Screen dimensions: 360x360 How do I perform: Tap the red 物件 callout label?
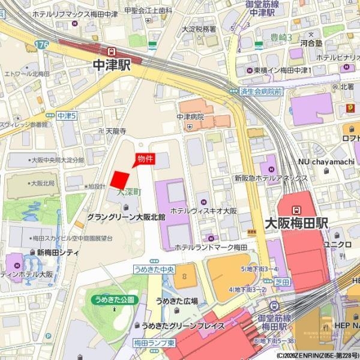point(145,158)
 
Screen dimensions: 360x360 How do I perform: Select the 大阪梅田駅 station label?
point(296,223)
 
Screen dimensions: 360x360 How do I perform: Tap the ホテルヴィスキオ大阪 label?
point(204,211)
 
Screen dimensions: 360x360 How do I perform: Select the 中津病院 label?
point(190,117)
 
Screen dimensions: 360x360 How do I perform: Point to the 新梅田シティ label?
point(58,253)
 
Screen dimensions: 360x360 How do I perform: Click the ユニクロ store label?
point(337,244)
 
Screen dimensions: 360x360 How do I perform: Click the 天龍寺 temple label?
point(116,131)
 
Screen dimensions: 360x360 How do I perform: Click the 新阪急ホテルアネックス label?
point(271,178)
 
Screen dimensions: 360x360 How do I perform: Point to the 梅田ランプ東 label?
point(154,343)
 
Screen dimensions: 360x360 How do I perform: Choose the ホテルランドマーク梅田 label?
point(211,247)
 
